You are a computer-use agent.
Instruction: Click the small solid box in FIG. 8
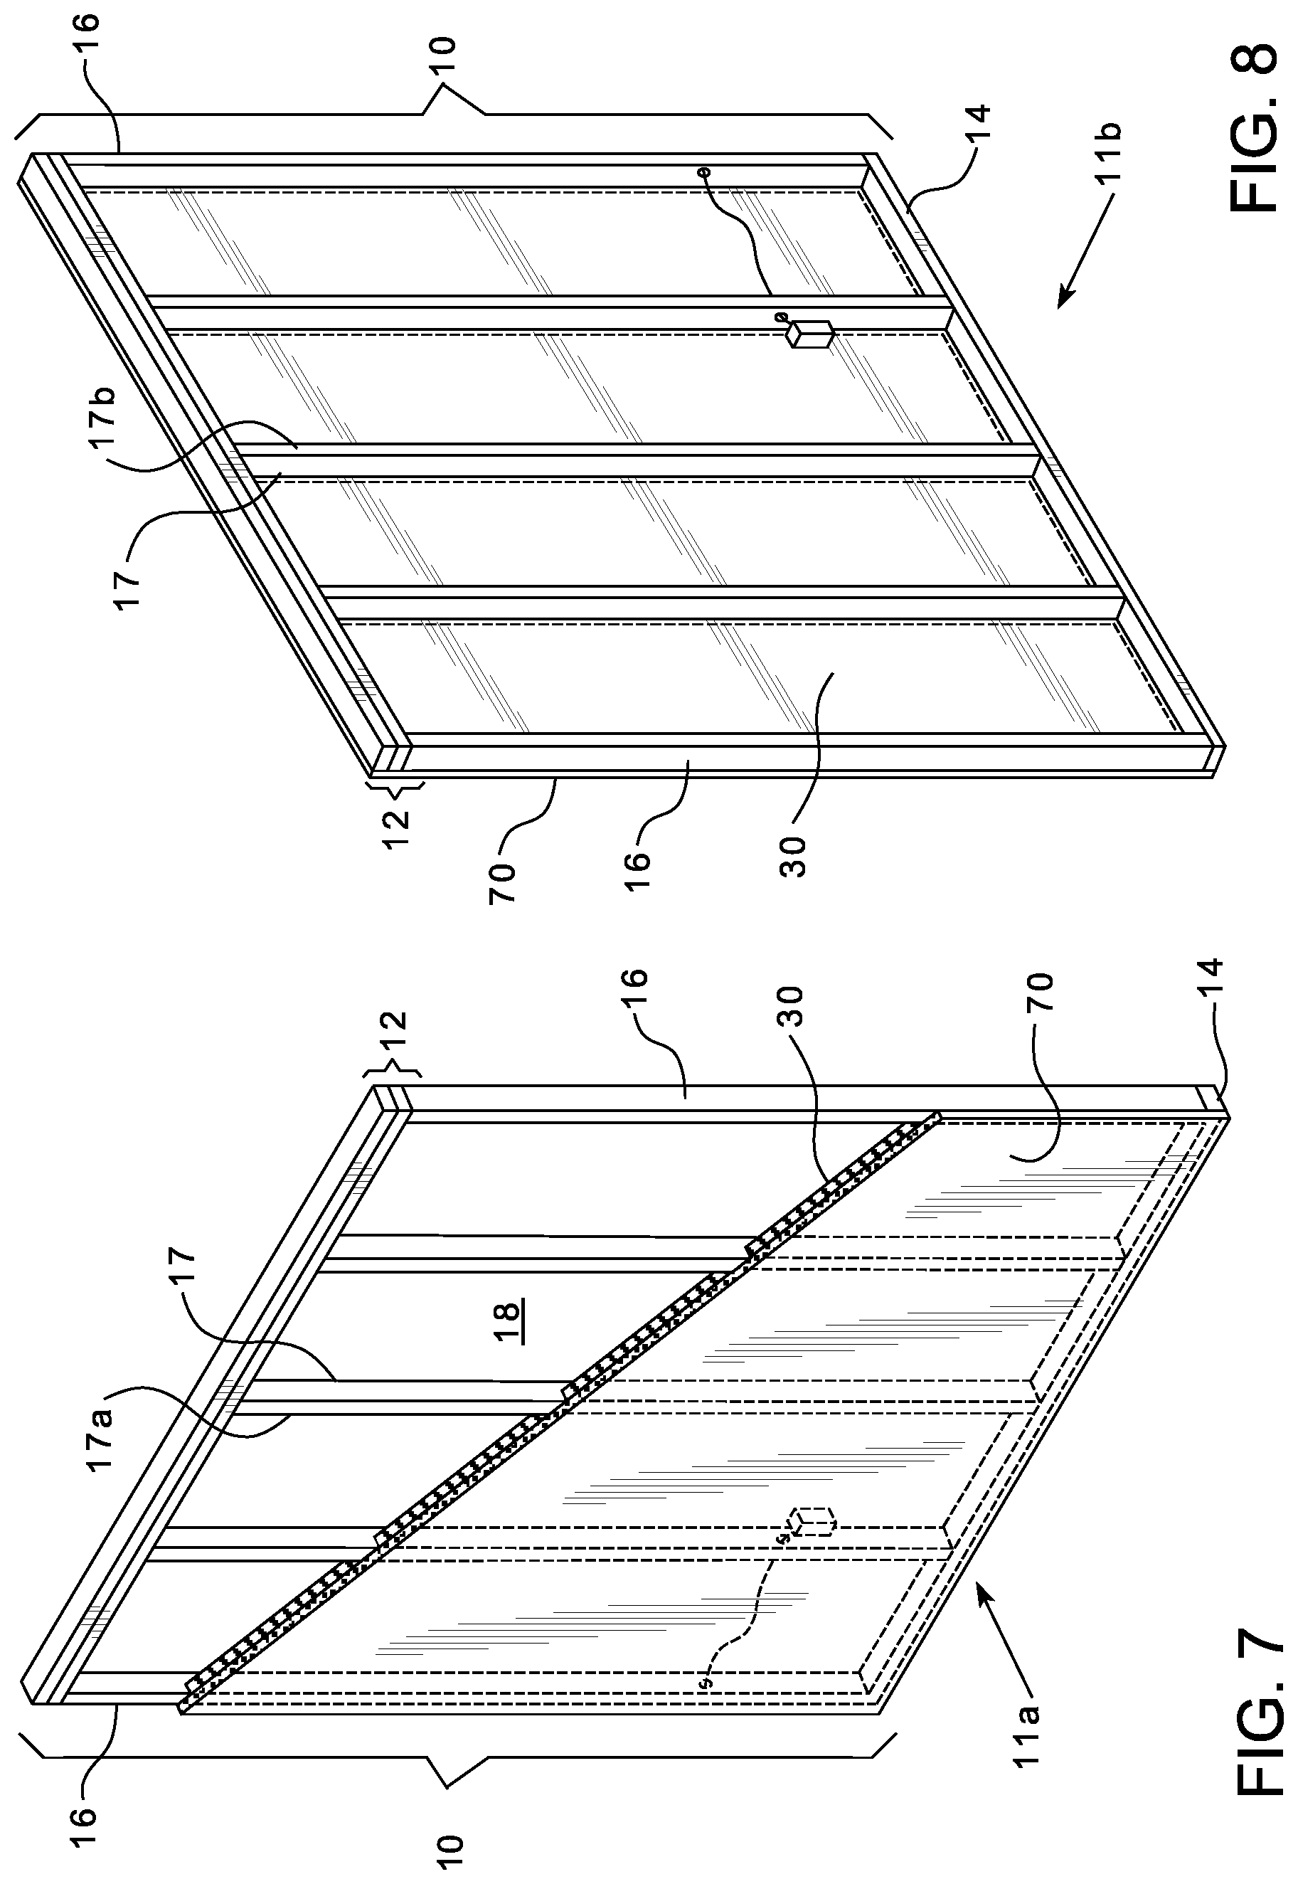pos(809,334)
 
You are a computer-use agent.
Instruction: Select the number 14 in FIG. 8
pos(979,124)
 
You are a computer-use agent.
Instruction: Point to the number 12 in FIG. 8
pos(395,828)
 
